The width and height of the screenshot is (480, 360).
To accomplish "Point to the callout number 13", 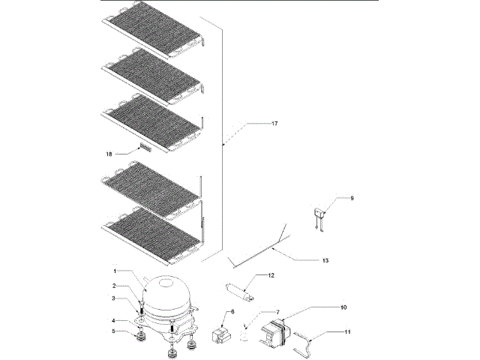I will pos(325,260).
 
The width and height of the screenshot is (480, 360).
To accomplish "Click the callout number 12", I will pos(271,275).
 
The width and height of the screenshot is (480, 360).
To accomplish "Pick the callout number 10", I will pos(343,307).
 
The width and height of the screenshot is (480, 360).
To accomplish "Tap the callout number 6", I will pos(232,310).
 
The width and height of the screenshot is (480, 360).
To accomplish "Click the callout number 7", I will pos(277,312).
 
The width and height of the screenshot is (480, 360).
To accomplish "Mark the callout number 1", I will pos(115,270).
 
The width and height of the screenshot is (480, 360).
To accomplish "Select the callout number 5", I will pos(114,331).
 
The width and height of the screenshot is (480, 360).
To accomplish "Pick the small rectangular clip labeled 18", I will pos(144,149).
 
